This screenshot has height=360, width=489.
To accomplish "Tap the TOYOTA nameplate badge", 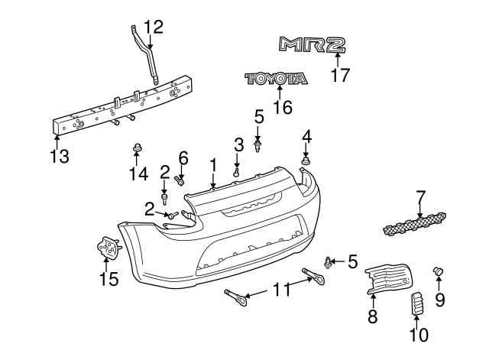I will click(x=276, y=79).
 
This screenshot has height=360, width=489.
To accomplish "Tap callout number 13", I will click(x=59, y=156).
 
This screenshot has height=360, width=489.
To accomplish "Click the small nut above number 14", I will click(x=137, y=147).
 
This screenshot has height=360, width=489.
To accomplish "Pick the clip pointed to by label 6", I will click(x=180, y=180).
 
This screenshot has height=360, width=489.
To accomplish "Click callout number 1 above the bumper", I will click(x=213, y=164).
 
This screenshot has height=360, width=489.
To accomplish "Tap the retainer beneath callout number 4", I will click(x=306, y=162).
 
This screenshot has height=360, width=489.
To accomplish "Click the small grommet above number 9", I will click(x=439, y=271).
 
